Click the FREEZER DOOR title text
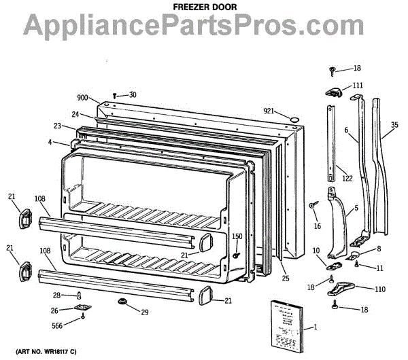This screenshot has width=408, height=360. [203, 5]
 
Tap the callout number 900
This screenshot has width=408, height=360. [84, 98]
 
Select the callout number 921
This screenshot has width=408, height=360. [271, 111]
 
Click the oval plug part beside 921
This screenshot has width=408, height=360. [294, 120]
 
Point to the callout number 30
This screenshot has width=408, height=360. [132, 94]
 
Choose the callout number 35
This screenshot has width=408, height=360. [395, 124]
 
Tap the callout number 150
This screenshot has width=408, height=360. [237, 236]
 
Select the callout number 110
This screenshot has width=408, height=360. [379, 289]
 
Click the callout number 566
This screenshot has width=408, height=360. [61, 326]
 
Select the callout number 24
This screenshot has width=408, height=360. [76, 115]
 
